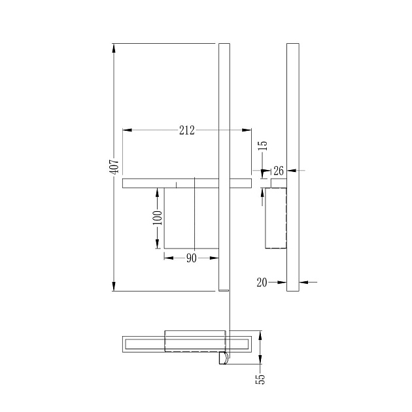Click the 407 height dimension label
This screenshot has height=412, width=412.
pos(114,166)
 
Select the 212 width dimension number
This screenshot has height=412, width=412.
pos(187,130)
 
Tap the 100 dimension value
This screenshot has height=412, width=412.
pos(158,218)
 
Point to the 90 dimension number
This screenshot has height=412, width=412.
pos(191,258)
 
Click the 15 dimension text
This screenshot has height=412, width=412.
pos(262,146)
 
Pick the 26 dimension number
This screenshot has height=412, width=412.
pos(279,171)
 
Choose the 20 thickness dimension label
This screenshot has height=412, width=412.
pos(262,283)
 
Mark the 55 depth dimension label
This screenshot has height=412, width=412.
pos(260,379)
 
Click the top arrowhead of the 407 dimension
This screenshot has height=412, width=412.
pos(114,48)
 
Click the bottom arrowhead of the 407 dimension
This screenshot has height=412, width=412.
pos(114,286)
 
